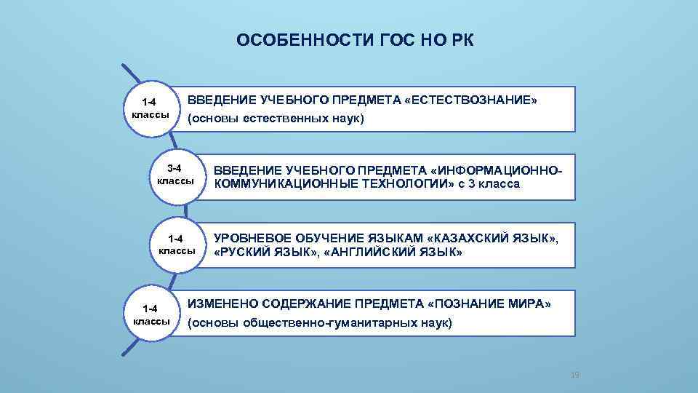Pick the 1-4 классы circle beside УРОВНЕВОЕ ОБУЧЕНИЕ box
tap(175, 245)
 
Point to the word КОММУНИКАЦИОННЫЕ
tap(284, 184)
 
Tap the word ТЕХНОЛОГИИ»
tap(402, 184)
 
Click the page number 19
tap(574, 375)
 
